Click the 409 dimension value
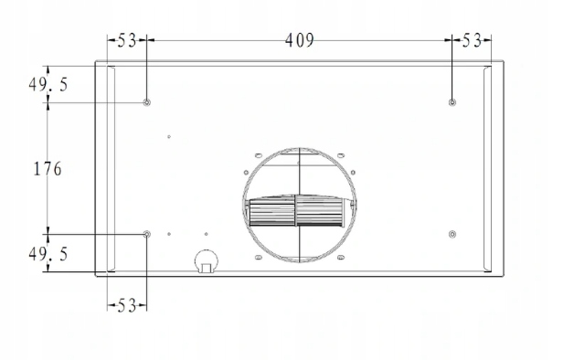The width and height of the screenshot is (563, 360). (x=299, y=40)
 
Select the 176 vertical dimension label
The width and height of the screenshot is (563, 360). (x=47, y=169)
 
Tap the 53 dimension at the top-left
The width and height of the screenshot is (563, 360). (x=126, y=40)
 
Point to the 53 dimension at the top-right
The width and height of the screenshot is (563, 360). (x=471, y=40)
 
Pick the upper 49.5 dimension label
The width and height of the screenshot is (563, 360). (x=48, y=84)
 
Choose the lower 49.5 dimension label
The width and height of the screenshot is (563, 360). (x=48, y=254)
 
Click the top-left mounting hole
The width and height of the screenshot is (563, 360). (x=146, y=102)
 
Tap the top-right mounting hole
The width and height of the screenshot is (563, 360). (x=452, y=102)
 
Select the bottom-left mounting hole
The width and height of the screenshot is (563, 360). (x=146, y=235)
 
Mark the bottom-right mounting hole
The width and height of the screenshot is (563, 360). (x=452, y=235)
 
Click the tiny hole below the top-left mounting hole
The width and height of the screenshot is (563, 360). (x=170, y=137)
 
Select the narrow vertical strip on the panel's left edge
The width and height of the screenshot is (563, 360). (x=109, y=169)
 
